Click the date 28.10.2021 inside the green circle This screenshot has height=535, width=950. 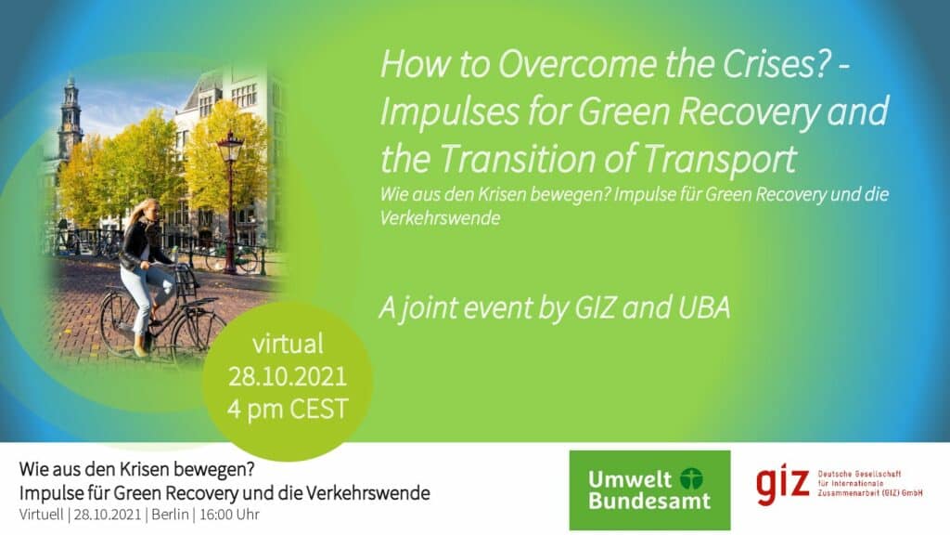pyautogui.click(x=289, y=377)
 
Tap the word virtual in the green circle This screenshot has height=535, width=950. pyautogui.click(x=289, y=345)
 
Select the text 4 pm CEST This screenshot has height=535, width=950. pyautogui.click(x=289, y=409)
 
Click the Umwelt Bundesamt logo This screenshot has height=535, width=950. pyautogui.click(x=649, y=489)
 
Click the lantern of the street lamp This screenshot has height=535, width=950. pyautogui.click(x=230, y=150)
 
